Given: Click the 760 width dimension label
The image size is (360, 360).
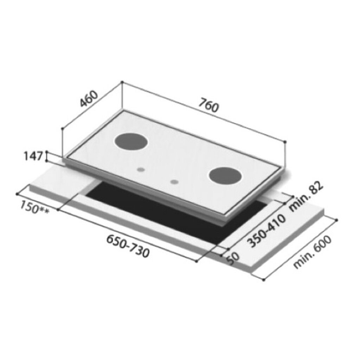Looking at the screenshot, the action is coord(208,105).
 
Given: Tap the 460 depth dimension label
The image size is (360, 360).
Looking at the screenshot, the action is coord(89,99).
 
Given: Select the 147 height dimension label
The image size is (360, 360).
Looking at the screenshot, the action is coord(33,156).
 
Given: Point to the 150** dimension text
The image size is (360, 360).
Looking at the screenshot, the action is coord(34,207).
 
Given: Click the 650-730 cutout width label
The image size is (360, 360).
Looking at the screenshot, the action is coord(128,246).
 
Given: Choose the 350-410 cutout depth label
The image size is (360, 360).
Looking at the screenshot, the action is coord(266,231).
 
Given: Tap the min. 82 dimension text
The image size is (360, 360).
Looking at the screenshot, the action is coord(306,196).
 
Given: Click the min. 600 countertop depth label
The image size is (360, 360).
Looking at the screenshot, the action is coord(313,252).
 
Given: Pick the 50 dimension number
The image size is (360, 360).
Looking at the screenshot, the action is coord(233,259).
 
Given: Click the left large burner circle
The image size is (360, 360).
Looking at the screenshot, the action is coord(131,141).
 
